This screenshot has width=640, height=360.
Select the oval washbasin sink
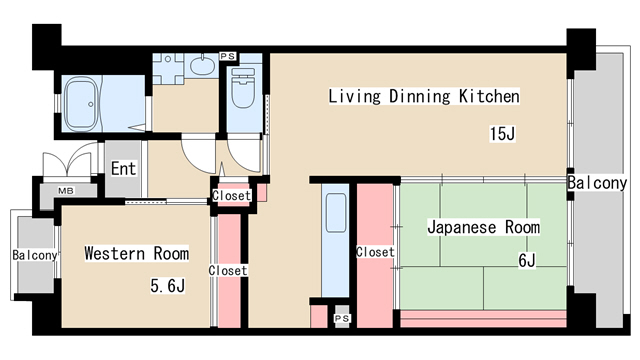[x=201, y=67]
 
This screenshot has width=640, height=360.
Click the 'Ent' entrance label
[x=123, y=169]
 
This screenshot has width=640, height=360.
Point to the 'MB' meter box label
[x=65, y=190]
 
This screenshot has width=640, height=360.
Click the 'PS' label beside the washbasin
[x=227, y=56]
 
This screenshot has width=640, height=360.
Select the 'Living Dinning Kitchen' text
[x=424, y=97]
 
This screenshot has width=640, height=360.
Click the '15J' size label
[x=502, y=134]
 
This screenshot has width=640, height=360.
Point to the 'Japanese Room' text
[x=483, y=227]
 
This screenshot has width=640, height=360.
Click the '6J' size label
[x=526, y=262]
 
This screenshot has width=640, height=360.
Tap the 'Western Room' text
[x=136, y=252]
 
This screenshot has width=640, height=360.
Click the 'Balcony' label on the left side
[x=35, y=256]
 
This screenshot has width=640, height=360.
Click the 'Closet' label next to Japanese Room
[x=375, y=252]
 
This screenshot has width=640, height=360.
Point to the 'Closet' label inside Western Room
[x=228, y=271]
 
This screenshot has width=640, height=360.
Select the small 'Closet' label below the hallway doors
[x=232, y=196]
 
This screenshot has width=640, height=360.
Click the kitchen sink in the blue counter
[x=335, y=213]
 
